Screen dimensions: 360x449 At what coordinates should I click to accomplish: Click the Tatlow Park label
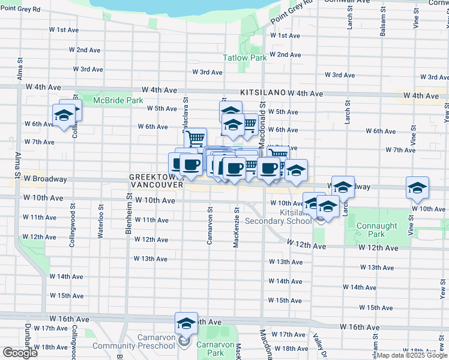[x=244, y=58]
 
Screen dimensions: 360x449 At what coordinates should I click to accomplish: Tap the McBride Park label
[x=118, y=101]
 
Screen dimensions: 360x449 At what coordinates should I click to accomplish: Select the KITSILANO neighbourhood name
[x=262, y=94]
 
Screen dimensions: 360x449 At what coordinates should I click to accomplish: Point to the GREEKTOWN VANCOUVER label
[x=156, y=181]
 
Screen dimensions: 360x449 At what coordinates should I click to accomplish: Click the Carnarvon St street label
[x=210, y=226]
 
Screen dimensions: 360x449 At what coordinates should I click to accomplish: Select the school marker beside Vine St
[x=417, y=187]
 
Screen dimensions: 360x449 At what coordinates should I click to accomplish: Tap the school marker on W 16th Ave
[x=187, y=323]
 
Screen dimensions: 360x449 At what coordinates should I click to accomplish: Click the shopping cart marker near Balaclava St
[x=195, y=139]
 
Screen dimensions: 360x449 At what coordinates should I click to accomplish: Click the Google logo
[x=20, y=352]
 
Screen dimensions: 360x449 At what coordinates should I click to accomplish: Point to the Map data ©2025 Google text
[x=412, y=356]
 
